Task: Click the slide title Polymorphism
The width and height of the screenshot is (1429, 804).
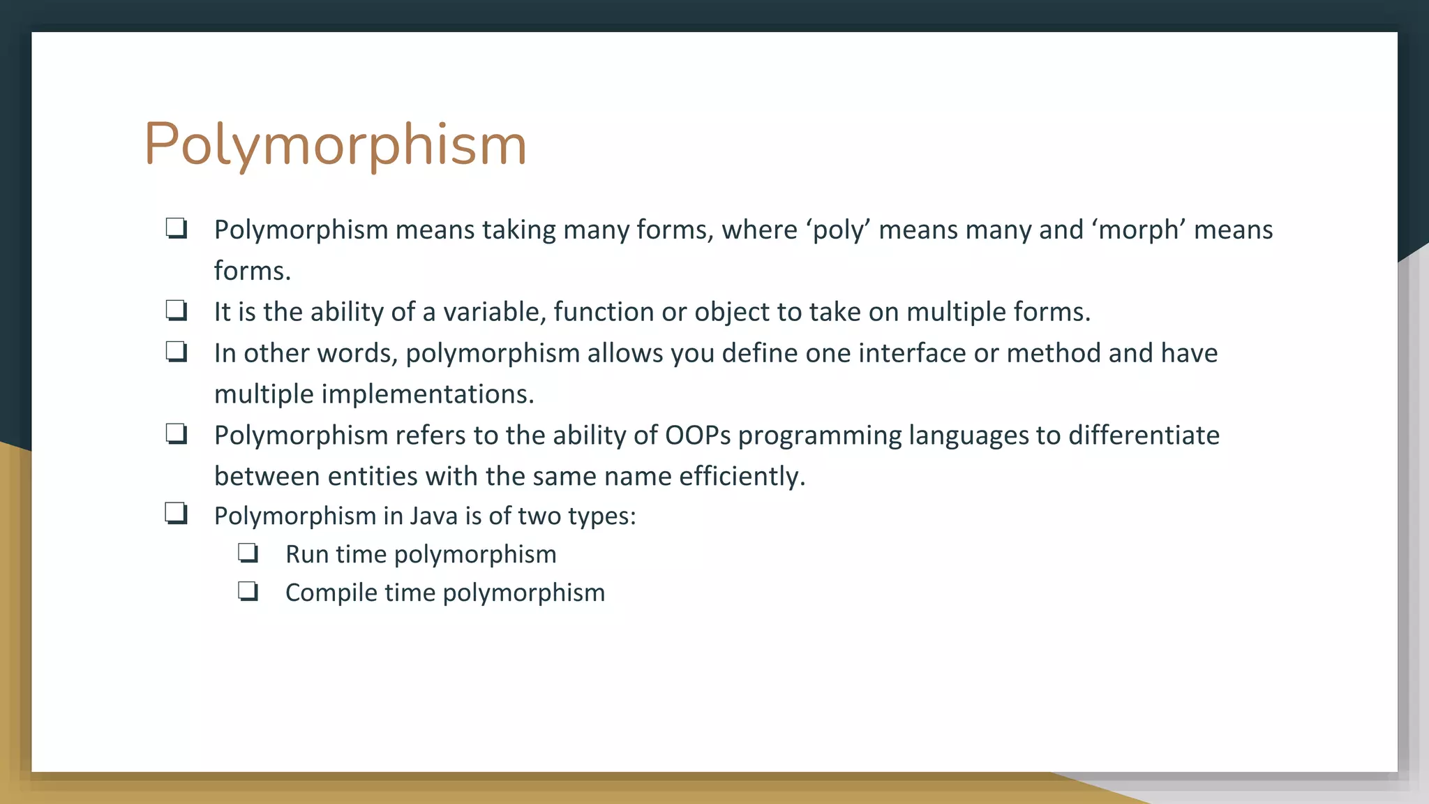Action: (x=335, y=144)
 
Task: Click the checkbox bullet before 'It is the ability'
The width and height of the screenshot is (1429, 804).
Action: (x=176, y=310)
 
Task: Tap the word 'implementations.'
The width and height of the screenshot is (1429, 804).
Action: (x=428, y=394)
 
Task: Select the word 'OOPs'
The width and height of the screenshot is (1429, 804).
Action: (x=698, y=435)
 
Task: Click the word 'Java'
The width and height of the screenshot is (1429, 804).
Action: (x=434, y=516)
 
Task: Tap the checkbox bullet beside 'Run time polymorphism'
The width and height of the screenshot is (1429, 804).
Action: (x=248, y=553)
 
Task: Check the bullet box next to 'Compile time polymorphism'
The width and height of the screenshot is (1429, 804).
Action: (x=248, y=592)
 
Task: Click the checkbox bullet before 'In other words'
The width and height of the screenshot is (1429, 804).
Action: (x=176, y=351)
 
